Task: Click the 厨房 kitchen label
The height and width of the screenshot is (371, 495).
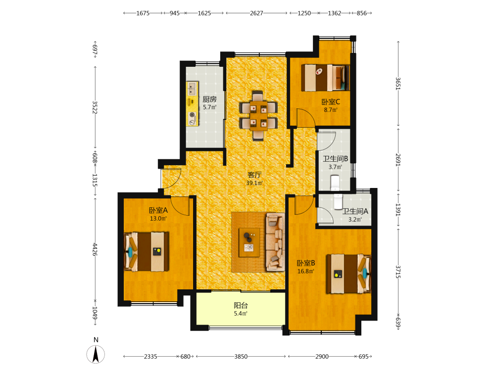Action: point(209,99)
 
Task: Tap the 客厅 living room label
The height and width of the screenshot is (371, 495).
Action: point(254,175)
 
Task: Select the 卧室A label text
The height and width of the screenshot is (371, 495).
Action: point(158,210)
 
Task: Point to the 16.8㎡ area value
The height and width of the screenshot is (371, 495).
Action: point(305,271)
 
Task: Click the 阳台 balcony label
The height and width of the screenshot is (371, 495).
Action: point(241,305)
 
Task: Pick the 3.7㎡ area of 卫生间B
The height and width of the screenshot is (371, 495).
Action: point(335,167)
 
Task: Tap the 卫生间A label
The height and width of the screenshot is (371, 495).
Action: point(355,211)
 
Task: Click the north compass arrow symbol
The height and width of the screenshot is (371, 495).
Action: point(96,354)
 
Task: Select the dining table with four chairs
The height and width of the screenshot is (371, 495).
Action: point(258,115)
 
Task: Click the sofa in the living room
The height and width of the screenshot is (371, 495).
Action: point(275,242)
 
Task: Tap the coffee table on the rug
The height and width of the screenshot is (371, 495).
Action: point(249,242)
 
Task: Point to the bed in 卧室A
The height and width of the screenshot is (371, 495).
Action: point(146,251)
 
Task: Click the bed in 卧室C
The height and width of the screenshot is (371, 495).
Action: point(325,78)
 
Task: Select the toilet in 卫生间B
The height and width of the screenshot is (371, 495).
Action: point(335,183)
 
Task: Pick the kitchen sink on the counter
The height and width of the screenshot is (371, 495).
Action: point(192,89)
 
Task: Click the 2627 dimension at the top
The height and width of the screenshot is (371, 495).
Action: point(256,13)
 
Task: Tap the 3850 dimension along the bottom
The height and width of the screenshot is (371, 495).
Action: point(241,357)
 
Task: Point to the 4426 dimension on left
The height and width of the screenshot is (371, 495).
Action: point(95,249)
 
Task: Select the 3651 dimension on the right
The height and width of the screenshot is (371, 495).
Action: point(398,84)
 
